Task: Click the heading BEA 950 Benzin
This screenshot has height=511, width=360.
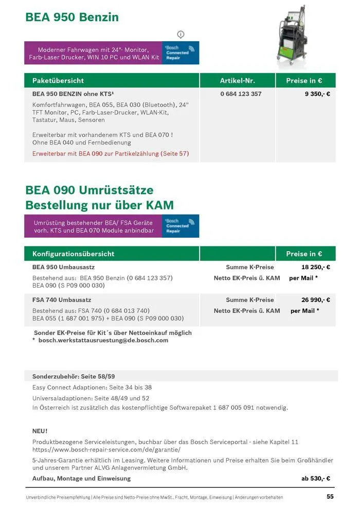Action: click(x=72, y=17)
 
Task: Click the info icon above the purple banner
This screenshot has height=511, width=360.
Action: click(x=181, y=34)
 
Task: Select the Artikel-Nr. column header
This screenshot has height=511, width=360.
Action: click(x=237, y=81)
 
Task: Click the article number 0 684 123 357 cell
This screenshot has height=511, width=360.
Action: click(x=241, y=94)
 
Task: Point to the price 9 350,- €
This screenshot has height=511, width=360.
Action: click(x=317, y=94)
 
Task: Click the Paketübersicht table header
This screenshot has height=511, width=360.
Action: click(x=58, y=81)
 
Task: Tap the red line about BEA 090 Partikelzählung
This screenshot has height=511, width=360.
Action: click(x=111, y=154)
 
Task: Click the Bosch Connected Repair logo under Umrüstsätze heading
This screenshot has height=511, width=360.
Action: click(x=181, y=226)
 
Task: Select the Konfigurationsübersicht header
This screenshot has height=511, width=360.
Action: click(x=73, y=254)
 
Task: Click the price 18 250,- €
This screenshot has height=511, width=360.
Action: click(x=315, y=267)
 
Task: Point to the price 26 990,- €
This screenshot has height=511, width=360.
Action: click(x=315, y=299)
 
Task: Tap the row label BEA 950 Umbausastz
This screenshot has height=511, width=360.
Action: click(x=63, y=267)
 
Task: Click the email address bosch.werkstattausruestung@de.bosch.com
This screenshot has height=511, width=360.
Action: click(x=103, y=340)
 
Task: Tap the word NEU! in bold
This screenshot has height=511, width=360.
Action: click(x=40, y=431)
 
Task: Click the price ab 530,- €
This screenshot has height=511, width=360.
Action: click(x=315, y=478)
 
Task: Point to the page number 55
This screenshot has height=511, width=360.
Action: click(x=330, y=497)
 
